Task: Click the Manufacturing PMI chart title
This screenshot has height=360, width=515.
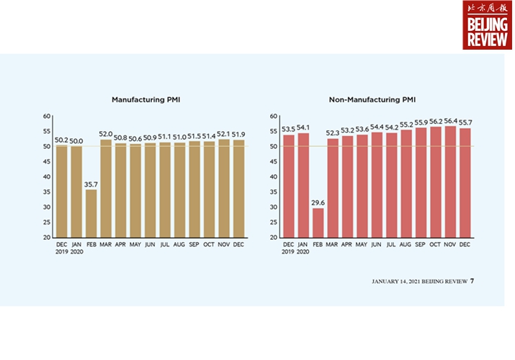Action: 145,99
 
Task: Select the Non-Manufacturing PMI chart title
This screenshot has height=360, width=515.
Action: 373,99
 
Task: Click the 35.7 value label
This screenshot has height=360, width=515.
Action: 91,184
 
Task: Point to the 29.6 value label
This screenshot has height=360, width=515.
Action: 318,202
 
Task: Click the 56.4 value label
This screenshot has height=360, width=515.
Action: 452,120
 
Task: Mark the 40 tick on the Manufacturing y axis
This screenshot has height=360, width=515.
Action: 47,177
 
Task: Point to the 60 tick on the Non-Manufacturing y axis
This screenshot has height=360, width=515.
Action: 274,116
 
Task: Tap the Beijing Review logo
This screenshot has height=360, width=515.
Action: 487,25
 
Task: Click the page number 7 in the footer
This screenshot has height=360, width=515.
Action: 473,281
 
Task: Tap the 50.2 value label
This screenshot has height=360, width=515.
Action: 62,140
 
